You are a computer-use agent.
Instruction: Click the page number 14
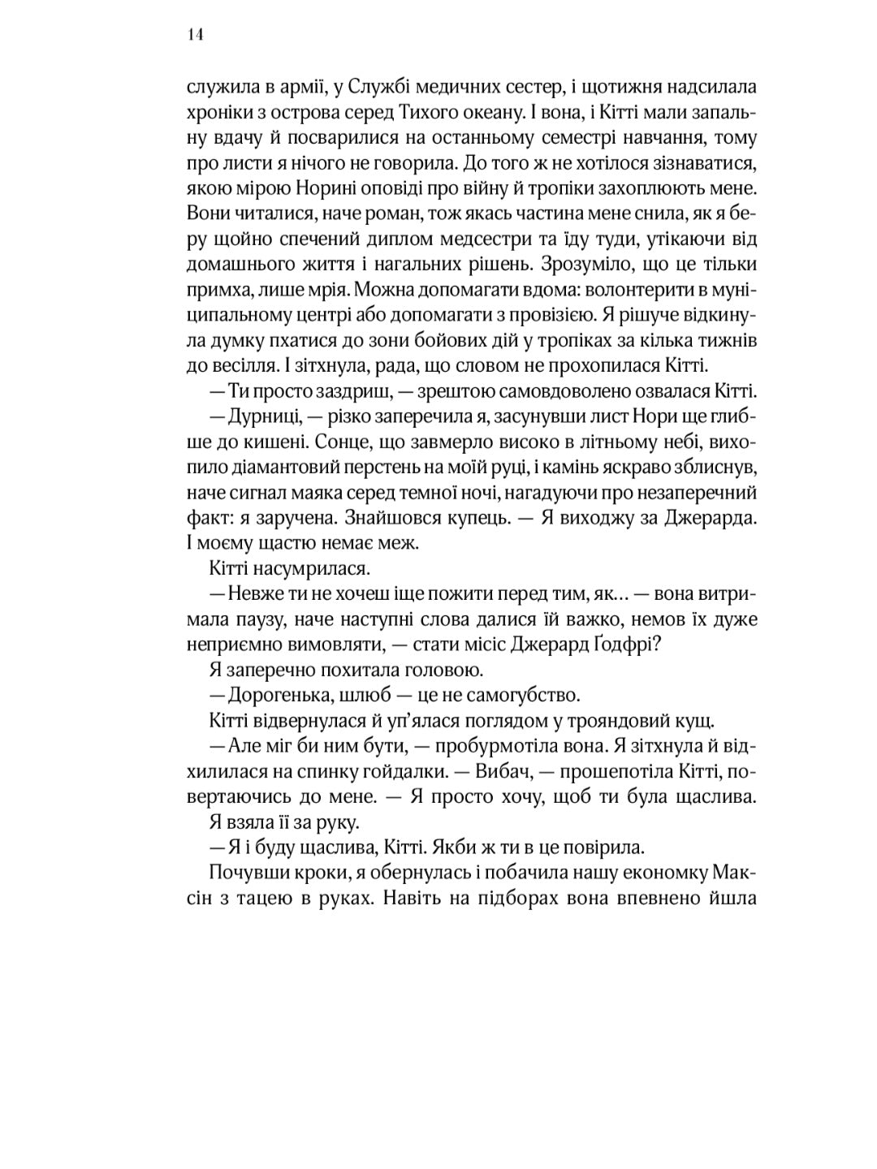195,35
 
